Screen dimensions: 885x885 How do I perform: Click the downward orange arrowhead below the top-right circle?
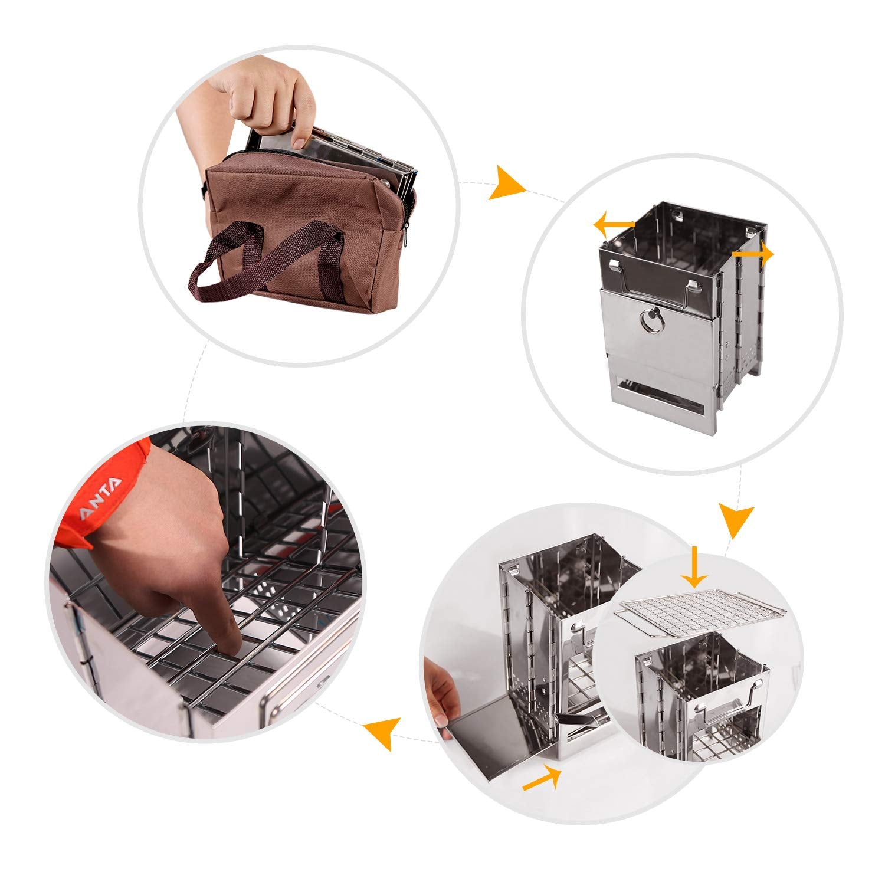coord(735,519)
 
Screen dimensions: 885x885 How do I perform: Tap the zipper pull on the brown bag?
coord(406,241)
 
